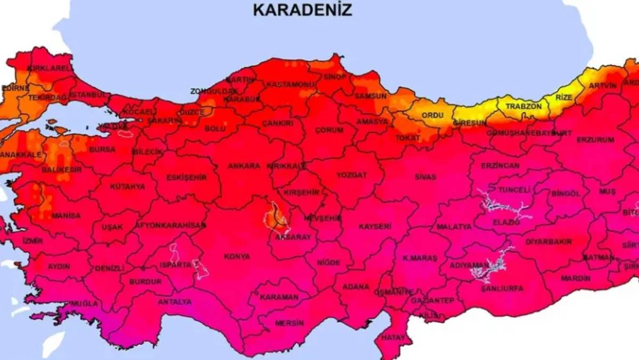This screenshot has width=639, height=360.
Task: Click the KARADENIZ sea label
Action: coord(302,10)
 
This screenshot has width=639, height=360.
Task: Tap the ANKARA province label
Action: coord(244,166)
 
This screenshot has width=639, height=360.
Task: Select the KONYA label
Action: coord(237,257)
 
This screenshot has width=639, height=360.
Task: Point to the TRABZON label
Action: coord(523,107)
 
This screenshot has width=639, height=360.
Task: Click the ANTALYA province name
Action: coord(175,302)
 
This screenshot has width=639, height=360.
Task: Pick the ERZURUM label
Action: coord(595,140)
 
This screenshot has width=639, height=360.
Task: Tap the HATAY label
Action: coord(393,338)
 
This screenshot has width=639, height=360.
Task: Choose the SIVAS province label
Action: coord(425,177)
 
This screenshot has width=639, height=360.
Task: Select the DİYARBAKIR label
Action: coord(548,242)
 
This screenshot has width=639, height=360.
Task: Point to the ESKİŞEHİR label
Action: coord(186,178)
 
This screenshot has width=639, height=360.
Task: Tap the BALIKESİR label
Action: coord(62,170)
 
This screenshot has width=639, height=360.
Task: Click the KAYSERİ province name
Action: coord(375,227)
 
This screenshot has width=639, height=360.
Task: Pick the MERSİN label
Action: coord(289,323)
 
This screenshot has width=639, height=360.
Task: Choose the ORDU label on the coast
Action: coord(432,115)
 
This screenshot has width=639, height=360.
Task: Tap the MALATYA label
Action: coord(454,227)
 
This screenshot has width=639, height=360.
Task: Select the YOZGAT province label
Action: coord(351,175)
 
